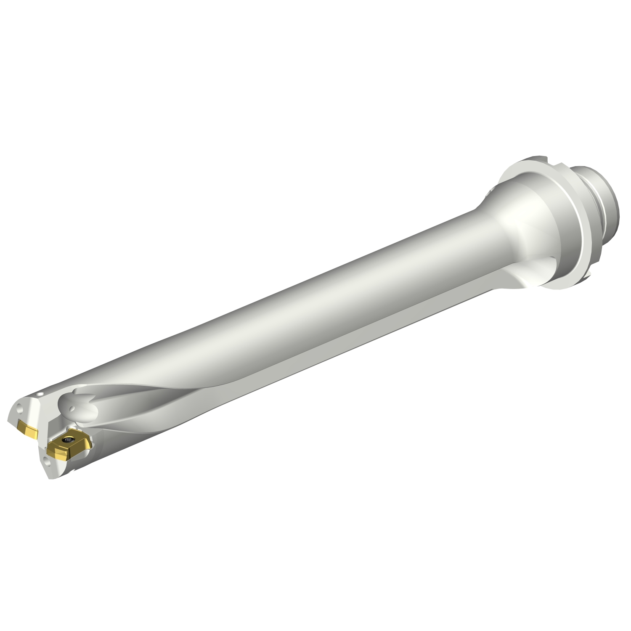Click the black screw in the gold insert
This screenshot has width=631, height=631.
68,440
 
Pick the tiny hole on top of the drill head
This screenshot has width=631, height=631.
40,395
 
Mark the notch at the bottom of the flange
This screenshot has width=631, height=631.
587,276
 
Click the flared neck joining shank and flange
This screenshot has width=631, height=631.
501,219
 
